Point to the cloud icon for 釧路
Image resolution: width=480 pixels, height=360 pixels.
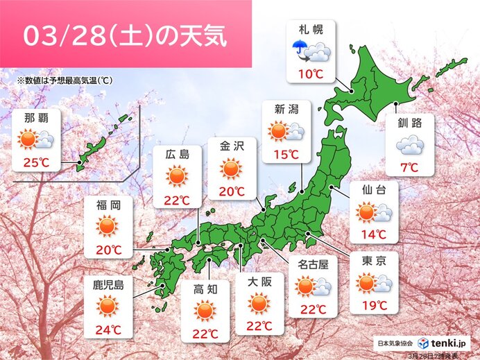(x=409, y=145)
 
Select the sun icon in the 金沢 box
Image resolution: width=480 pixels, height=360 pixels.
(x=231, y=169)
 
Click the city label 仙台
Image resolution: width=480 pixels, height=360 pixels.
(x=374, y=189)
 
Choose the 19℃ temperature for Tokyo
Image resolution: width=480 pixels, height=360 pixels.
(x=374, y=304)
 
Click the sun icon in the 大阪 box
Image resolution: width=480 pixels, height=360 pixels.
(x=259, y=302)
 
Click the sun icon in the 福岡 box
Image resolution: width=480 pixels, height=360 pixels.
(x=108, y=225)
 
